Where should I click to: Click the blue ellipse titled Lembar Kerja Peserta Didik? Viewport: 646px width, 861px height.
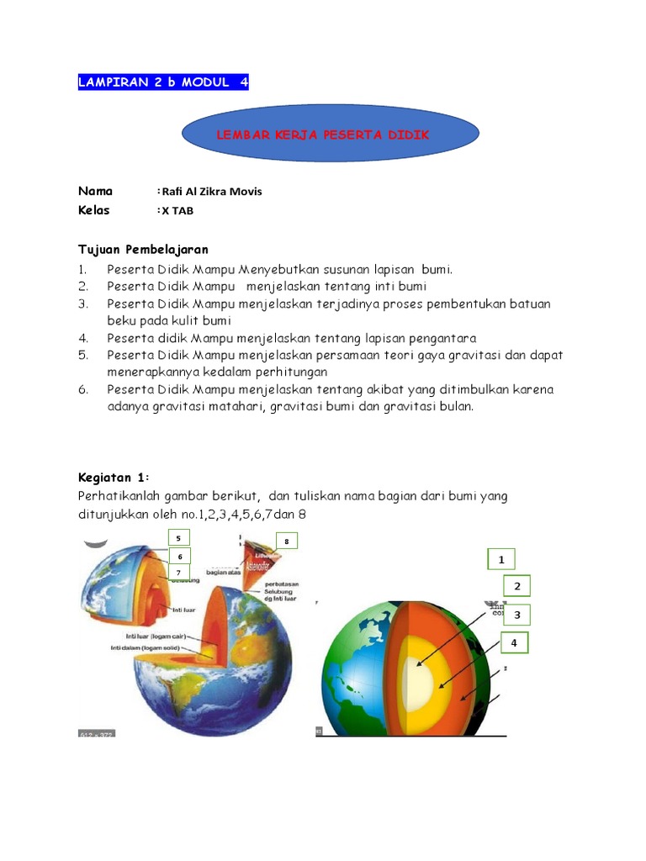pyautogui.click(x=330, y=135)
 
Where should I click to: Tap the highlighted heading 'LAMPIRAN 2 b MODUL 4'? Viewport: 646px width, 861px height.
pyautogui.click(x=163, y=82)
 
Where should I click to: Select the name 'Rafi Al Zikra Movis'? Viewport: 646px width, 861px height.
pyautogui.click(x=211, y=191)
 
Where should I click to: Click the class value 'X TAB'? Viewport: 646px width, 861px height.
pyautogui.click(x=177, y=210)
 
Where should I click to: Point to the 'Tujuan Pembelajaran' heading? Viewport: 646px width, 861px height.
pyautogui.click(x=143, y=250)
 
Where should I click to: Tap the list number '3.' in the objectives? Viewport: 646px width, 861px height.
pyautogui.click(x=82, y=304)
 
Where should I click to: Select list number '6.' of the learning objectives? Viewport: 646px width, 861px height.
pyautogui.click(x=82, y=389)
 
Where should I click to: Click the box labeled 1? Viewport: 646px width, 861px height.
pyautogui.click(x=501, y=559)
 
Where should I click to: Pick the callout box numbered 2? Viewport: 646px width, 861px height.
pyautogui.click(x=517, y=586)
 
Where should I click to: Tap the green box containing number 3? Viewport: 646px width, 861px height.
pyautogui.click(x=517, y=615)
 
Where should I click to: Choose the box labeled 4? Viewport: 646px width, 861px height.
pyautogui.click(x=512, y=643)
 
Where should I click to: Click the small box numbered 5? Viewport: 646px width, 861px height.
pyautogui.click(x=178, y=538)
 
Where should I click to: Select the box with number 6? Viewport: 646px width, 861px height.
pyautogui.click(x=178, y=556)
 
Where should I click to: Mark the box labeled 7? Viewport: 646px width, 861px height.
pyautogui.click(x=178, y=573)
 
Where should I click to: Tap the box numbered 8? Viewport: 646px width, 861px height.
pyautogui.click(x=285, y=541)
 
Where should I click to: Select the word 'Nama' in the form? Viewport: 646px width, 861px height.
pyautogui.click(x=95, y=191)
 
